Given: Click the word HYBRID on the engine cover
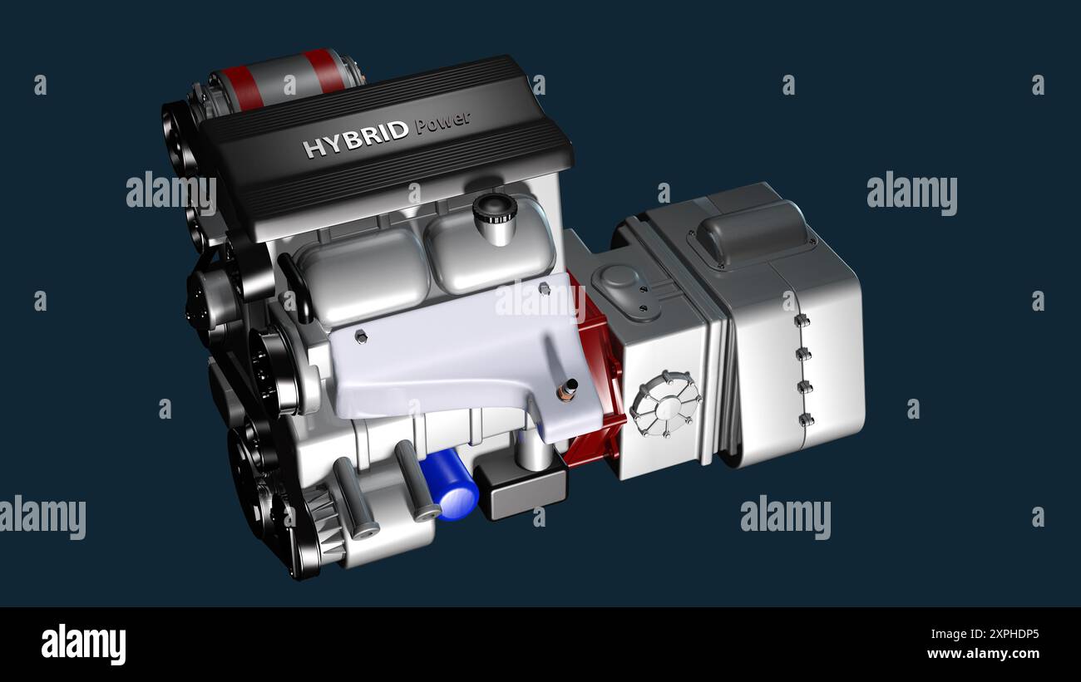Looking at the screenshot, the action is [356, 140].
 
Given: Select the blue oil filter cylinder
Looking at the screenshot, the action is [450, 484].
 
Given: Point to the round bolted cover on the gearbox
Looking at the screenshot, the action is [666, 404].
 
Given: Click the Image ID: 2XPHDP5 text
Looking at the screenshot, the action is [985, 635].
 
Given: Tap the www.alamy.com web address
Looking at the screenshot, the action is [983, 654].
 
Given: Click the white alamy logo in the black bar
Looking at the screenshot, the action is [83, 645].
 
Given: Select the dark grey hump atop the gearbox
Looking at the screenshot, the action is [753, 233].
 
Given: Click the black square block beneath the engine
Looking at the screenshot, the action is [521, 487].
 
